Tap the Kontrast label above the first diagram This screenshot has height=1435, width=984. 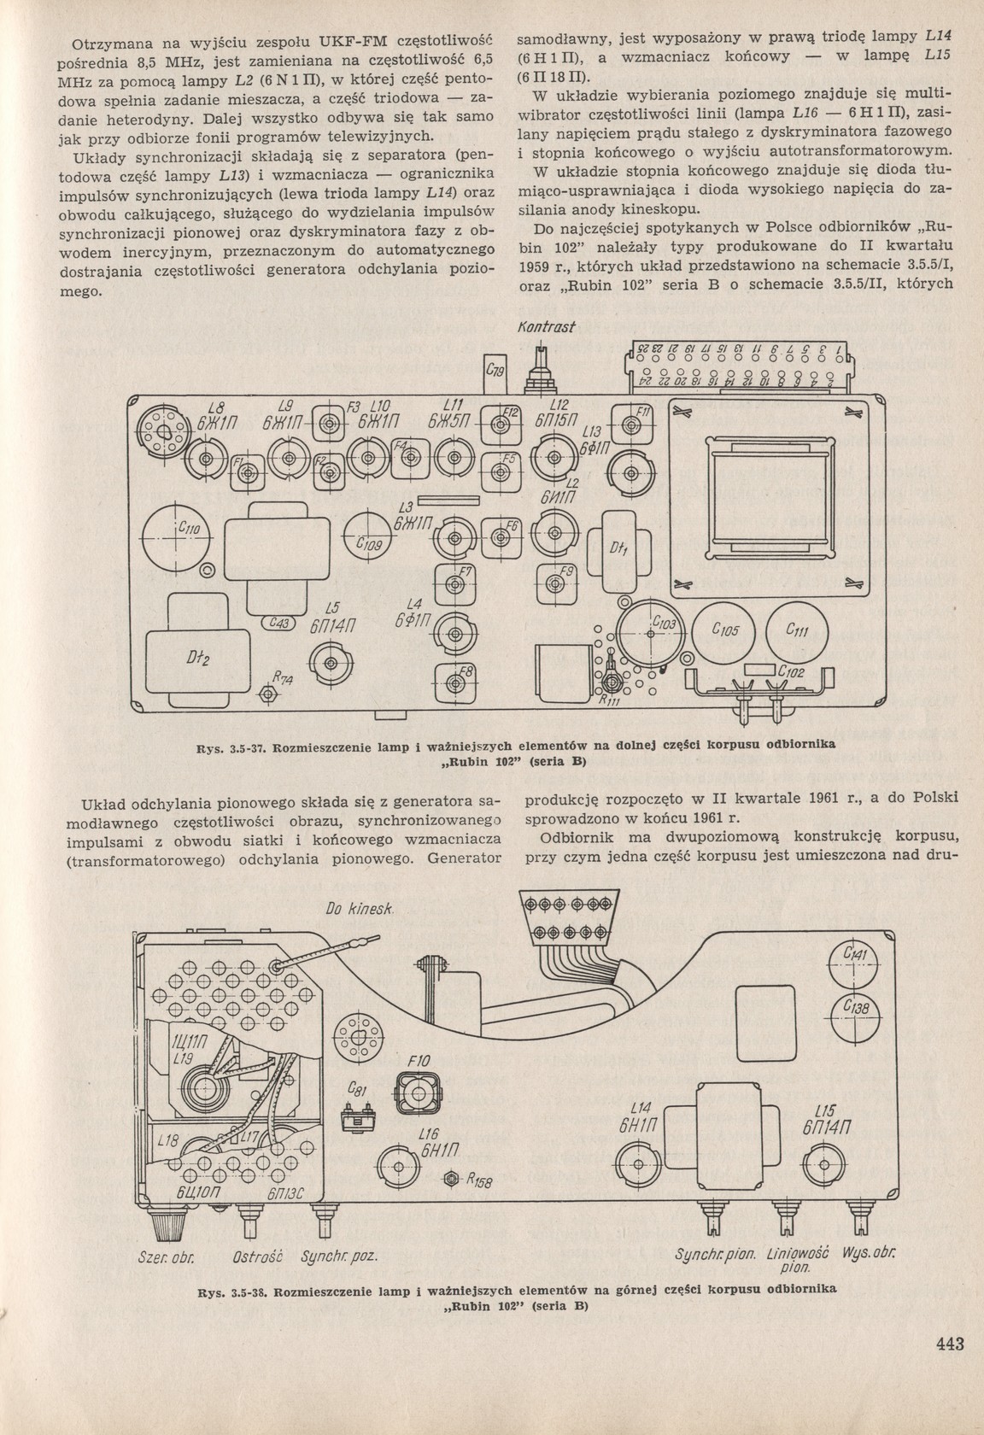tap(547, 327)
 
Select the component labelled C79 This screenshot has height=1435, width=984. tap(495, 371)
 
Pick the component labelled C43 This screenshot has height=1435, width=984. tap(278, 624)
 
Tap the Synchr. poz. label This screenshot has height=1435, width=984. tap(341, 1258)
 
